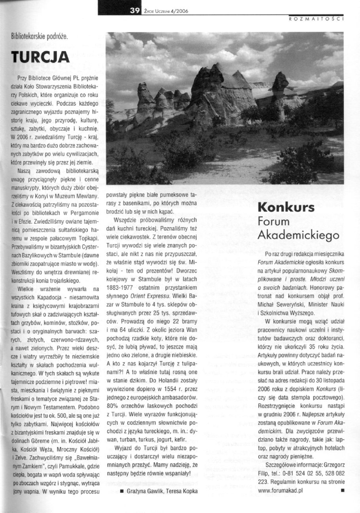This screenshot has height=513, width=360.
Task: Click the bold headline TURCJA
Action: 41,57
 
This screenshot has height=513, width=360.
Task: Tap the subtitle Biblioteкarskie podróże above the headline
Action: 40,37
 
